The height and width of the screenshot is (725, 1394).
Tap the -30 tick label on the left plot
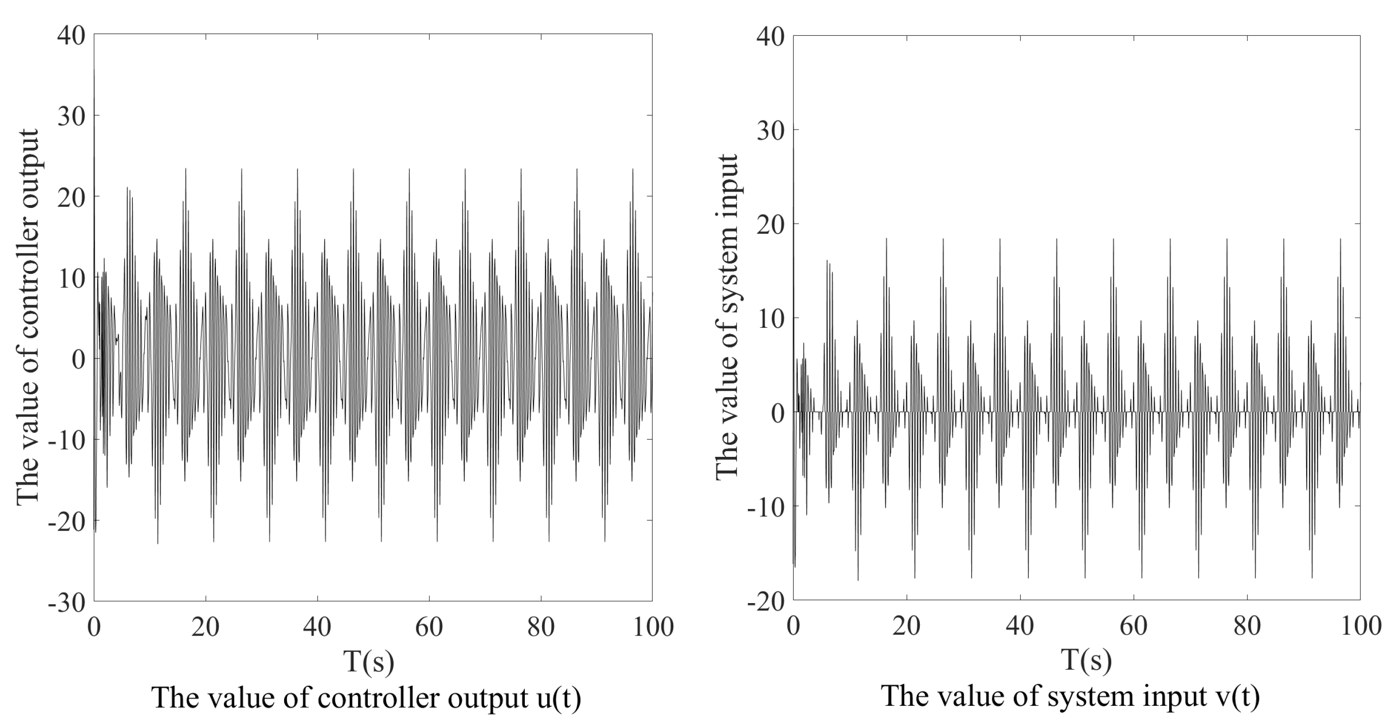click(x=66, y=603)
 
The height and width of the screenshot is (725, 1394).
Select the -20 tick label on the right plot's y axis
click(x=766, y=601)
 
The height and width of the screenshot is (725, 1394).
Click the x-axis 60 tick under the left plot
click(x=429, y=627)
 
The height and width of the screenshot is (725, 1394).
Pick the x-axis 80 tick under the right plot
click(x=1247, y=627)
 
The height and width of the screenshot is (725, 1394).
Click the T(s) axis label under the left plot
click(x=369, y=661)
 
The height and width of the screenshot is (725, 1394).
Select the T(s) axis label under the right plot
click(x=1086, y=660)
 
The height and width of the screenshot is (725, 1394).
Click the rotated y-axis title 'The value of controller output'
click(x=27, y=317)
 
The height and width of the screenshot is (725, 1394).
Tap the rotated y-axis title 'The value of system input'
click(x=727, y=317)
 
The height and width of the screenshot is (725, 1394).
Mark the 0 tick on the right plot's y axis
click(x=777, y=413)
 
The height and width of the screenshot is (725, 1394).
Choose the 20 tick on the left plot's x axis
click(x=206, y=627)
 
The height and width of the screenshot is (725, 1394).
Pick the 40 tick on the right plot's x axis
click(x=1020, y=627)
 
